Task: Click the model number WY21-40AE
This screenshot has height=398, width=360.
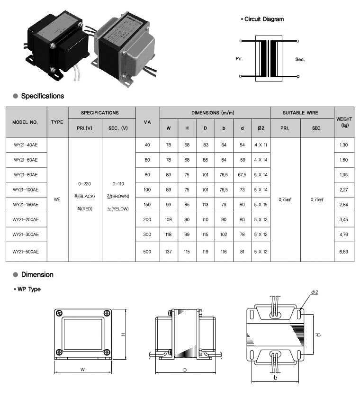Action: [26, 145]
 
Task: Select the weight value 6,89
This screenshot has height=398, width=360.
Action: [343, 252]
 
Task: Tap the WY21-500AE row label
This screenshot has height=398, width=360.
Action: [27, 252]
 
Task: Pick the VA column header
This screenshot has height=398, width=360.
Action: [147, 122]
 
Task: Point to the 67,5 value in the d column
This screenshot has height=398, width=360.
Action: [242, 175]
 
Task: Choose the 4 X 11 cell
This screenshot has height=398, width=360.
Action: [261, 145]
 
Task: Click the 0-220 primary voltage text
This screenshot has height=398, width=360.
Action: [85, 183]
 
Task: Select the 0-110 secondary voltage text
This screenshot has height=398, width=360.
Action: [118, 183]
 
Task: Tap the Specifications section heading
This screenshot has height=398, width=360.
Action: [42, 96]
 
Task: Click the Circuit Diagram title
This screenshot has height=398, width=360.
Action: [264, 19]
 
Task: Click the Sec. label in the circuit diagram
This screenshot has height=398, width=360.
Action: [300, 59]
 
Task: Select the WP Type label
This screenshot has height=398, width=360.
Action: [28, 289]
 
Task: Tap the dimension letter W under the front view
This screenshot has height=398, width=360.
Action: [82, 368]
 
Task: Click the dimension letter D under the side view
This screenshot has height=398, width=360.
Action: [184, 369]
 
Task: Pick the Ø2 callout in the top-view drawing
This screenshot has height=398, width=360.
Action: [314, 292]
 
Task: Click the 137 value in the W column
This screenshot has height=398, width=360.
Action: [169, 252]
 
